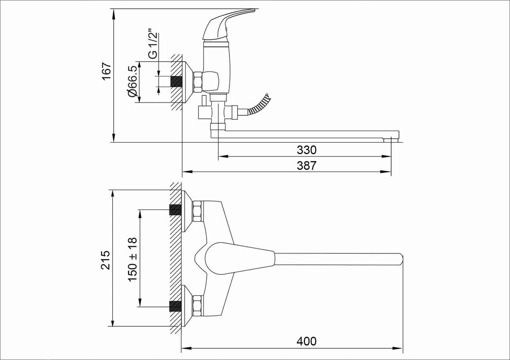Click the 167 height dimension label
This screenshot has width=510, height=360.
pyautogui.click(x=107, y=72)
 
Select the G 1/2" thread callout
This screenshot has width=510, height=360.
pyautogui.click(x=152, y=45)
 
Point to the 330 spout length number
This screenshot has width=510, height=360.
pyautogui.click(x=307, y=150)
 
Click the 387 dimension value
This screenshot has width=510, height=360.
pyautogui.click(x=307, y=166)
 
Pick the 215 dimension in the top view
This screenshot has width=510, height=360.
pyautogui.click(x=106, y=260)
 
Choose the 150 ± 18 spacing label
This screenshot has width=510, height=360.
pyautogui.click(x=133, y=260)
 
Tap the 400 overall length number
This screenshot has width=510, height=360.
pyautogui.click(x=307, y=341)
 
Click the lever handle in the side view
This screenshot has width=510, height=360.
pyautogui.click(x=227, y=24)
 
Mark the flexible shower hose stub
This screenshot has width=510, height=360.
pyautogui.click(x=260, y=104)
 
